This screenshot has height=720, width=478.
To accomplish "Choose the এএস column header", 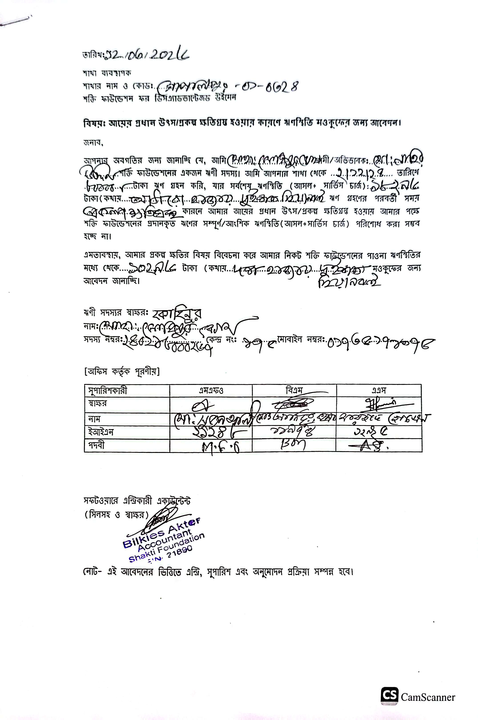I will tap(379, 390).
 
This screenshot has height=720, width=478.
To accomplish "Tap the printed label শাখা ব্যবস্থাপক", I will tap(107, 73).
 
